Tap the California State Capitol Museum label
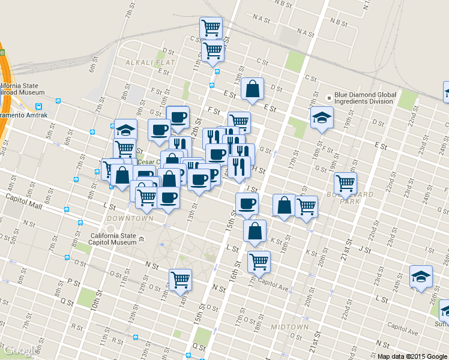point(113,239)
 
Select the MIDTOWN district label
point(289,327)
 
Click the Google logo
point(20,351)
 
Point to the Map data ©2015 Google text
point(412,356)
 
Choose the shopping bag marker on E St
point(253,89)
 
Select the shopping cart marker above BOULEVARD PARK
point(345,182)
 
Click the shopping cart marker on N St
point(180,278)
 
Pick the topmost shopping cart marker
point(211,27)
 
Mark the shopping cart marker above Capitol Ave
point(259,261)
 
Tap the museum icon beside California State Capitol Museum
point(142,239)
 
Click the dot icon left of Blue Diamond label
point(328,98)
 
